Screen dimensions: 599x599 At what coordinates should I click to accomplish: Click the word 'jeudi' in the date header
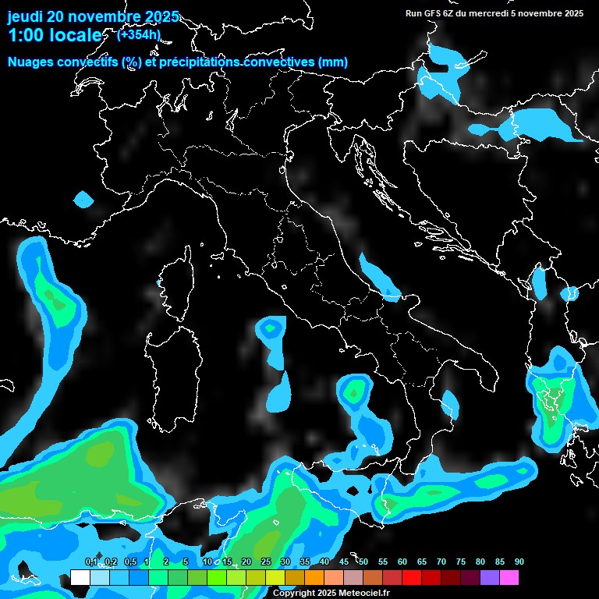point(26,16)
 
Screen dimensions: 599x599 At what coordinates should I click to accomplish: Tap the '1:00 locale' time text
point(55,36)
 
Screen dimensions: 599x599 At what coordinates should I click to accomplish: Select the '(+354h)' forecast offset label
point(139,34)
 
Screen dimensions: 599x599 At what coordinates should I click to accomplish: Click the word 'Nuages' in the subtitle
point(31,62)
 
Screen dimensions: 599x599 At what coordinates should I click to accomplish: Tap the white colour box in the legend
point(80,577)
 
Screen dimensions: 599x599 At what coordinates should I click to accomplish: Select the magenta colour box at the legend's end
point(509,577)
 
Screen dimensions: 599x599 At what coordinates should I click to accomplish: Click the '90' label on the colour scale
point(519,562)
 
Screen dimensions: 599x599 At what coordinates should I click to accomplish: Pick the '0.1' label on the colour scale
point(91,562)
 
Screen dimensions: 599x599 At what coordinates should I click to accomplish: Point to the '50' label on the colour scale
point(363,562)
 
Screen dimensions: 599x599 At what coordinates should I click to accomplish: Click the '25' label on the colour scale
point(266,562)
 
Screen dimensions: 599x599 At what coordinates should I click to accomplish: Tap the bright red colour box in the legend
point(412,577)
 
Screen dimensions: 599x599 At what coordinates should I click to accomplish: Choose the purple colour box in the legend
point(490,577)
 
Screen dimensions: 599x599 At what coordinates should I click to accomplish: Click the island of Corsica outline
point(179,285)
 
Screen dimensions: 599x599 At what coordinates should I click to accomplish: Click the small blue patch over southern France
point(83,200)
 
